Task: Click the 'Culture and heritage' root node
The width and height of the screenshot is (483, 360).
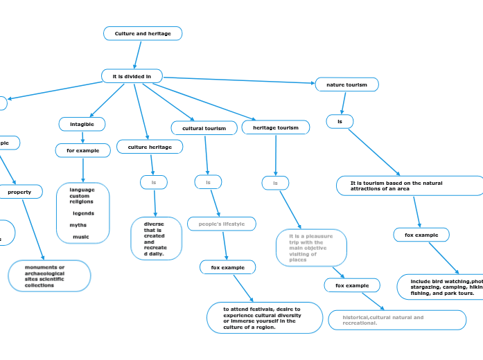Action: point(142,33)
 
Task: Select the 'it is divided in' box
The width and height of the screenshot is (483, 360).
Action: point(132,75)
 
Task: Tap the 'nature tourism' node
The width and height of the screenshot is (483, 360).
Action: point(346,84)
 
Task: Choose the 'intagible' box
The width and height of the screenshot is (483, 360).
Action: point(82,123)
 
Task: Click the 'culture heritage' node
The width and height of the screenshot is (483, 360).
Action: point(150,147)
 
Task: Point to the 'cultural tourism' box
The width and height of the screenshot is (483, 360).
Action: point(204,128)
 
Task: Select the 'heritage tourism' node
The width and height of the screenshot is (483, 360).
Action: point(275,127)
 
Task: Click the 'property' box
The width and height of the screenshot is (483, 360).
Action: point(19,192)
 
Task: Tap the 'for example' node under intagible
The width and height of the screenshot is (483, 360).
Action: point(82,150)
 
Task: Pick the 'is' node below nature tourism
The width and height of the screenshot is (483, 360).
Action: point(340,122)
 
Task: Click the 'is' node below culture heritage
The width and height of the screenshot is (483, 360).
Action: point(154,182)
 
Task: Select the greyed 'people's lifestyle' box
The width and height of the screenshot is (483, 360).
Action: point(221,224)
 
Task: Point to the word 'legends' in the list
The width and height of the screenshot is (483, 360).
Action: point(83,213)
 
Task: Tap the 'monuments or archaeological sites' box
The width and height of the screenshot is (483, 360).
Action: point(49,276)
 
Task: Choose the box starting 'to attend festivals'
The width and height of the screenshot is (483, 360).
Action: point(264,318)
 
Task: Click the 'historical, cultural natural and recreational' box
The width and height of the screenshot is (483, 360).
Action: point(396,320)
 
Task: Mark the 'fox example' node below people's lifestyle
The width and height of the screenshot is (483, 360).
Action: point(228,267)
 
